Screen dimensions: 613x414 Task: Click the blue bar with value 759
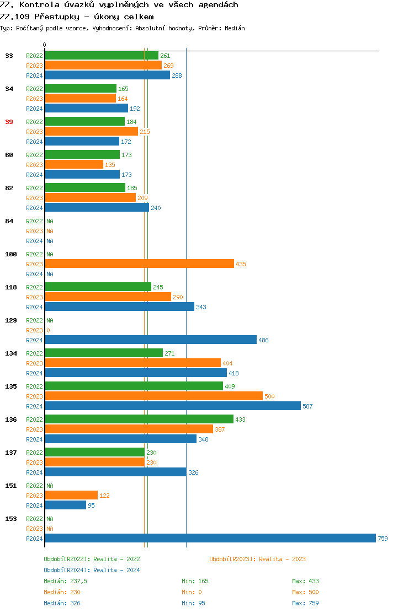[210, 539]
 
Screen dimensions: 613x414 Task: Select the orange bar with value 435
[139, 264]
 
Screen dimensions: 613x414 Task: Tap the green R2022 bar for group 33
[102, 56]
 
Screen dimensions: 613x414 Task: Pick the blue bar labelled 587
[172, 406]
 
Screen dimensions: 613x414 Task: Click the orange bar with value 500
[153, 396]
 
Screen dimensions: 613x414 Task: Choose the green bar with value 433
[139, 420]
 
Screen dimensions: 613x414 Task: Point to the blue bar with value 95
[65, 506]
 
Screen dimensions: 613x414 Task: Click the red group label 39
[9, 122]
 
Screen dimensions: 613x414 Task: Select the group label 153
[11, 519]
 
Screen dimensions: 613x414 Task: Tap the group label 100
[11, 254]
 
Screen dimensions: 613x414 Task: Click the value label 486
[263, 340]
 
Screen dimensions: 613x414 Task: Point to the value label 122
[104, 496]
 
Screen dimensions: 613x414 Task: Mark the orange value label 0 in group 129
[48, 330]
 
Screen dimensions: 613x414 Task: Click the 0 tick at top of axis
[45, 45]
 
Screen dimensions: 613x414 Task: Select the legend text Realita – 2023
[282, 559]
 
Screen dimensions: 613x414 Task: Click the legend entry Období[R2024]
[67, 570]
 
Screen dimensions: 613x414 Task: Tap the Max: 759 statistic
[305, 603]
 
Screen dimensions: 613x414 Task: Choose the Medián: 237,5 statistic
[65, 581]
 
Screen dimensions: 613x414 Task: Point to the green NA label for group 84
[50, 221]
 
